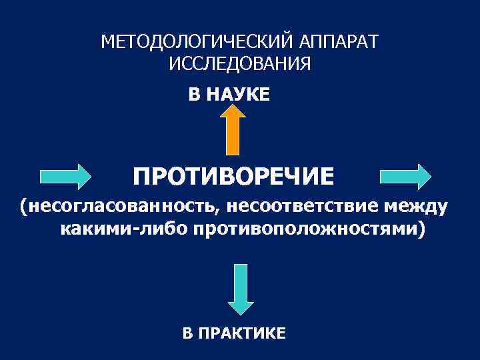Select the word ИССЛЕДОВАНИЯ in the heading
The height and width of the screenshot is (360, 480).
240,64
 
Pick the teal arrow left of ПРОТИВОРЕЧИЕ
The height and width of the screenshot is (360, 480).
66,177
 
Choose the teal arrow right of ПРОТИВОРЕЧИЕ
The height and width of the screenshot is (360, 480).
406,177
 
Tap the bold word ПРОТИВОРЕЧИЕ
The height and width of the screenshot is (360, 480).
234,177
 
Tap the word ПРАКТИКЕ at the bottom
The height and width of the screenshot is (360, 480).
243,332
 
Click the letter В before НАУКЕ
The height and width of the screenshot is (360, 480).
194,95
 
